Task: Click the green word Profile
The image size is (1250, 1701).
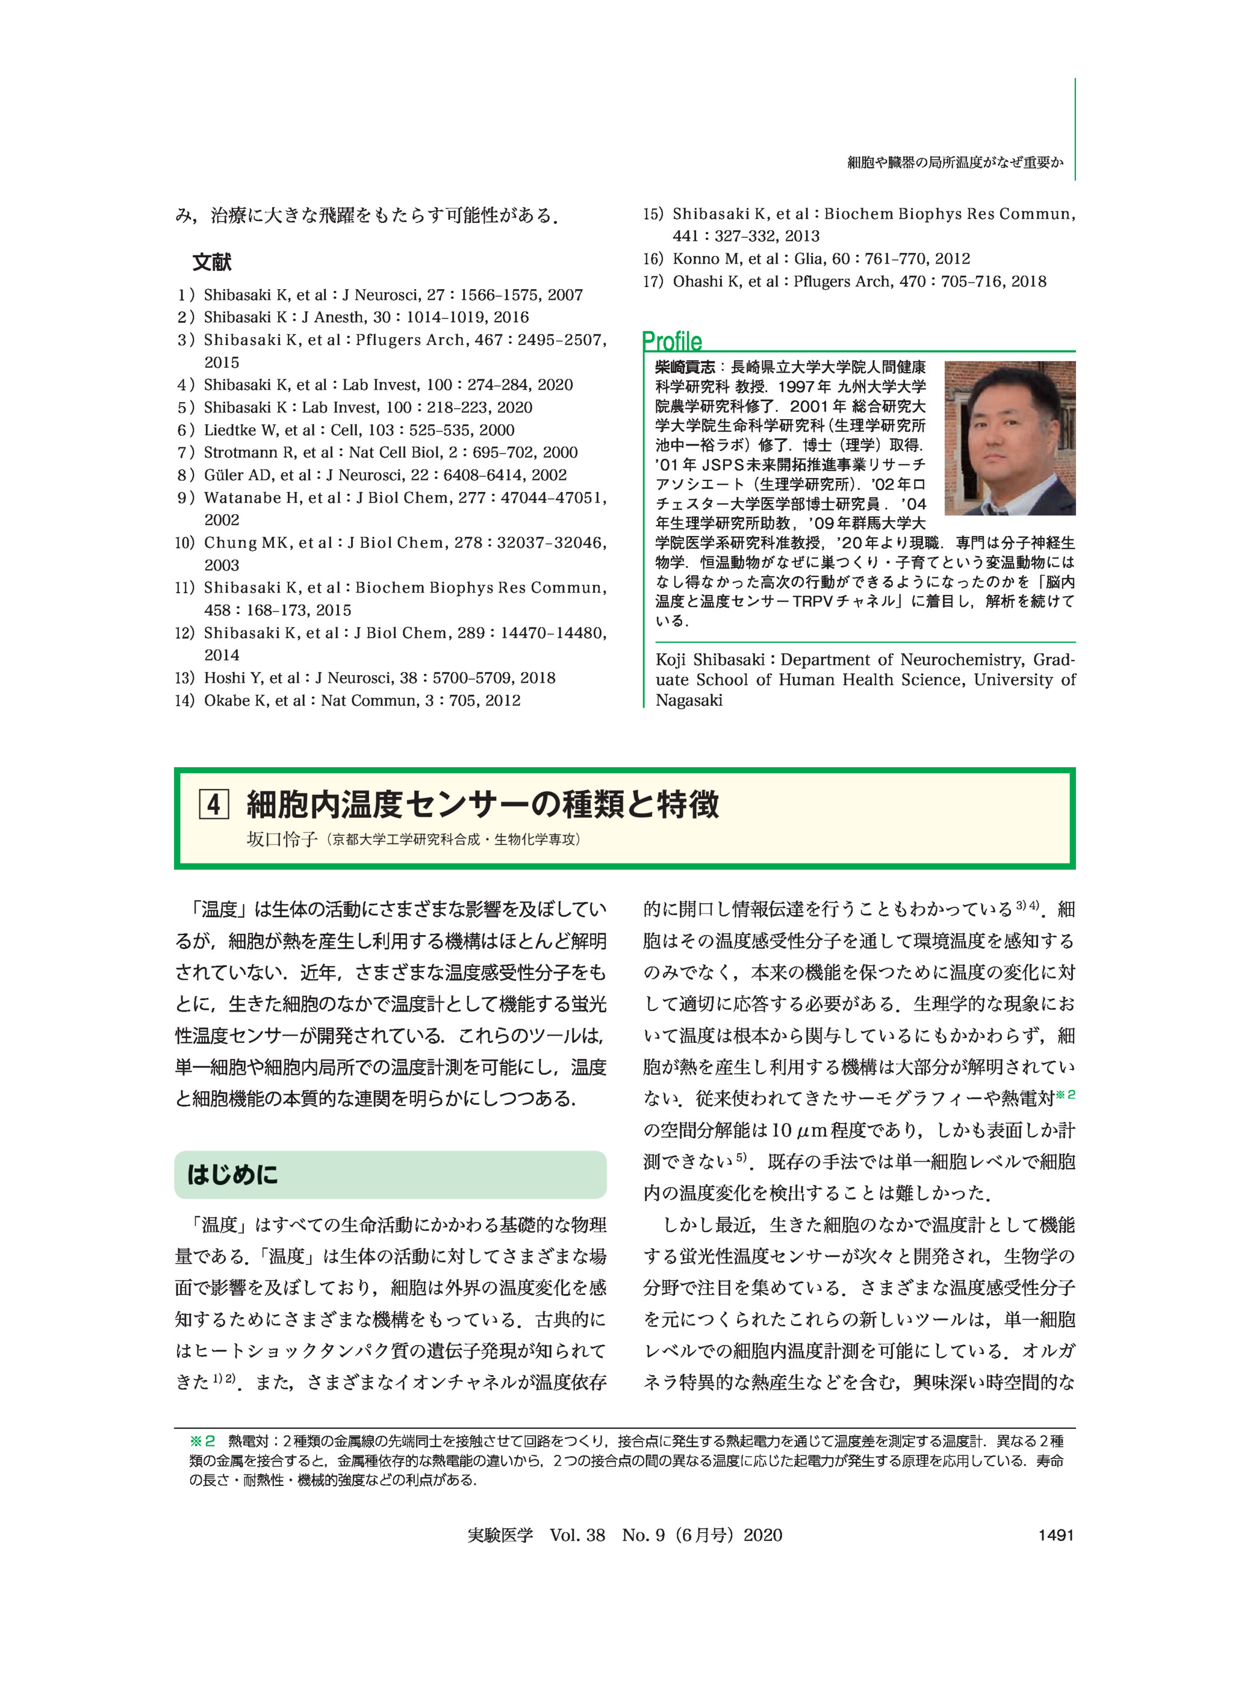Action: click(671, 341)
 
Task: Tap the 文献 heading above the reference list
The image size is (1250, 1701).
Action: click(212, 263)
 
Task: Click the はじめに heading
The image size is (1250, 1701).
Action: click(232, 1174)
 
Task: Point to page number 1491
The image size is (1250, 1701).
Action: click(1056, 1535)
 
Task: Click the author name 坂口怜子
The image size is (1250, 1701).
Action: click(281, 839)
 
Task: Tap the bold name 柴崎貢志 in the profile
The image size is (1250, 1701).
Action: click(685, 368)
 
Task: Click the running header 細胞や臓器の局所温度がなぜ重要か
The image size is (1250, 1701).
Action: click(955, 162)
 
